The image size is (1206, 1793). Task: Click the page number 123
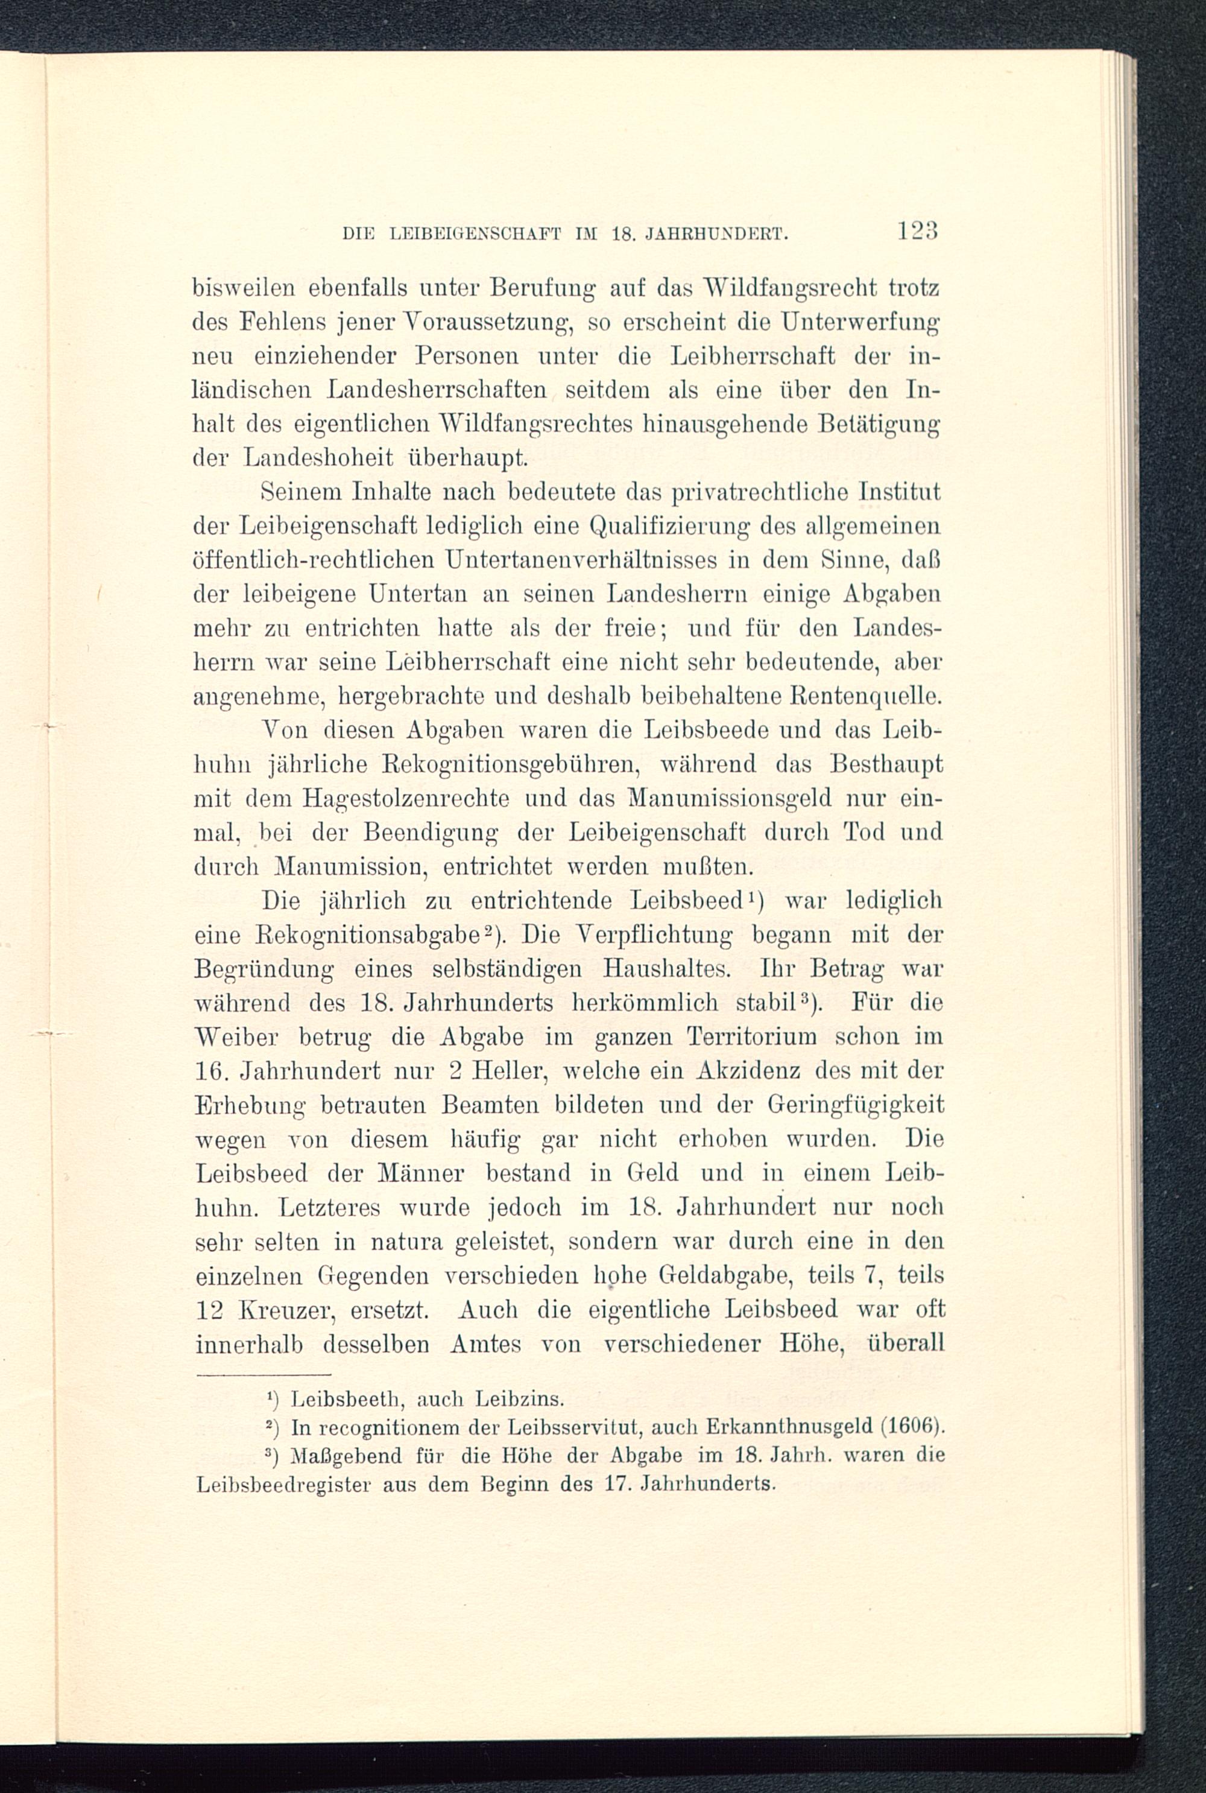915,231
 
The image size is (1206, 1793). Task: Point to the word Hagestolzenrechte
406,799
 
